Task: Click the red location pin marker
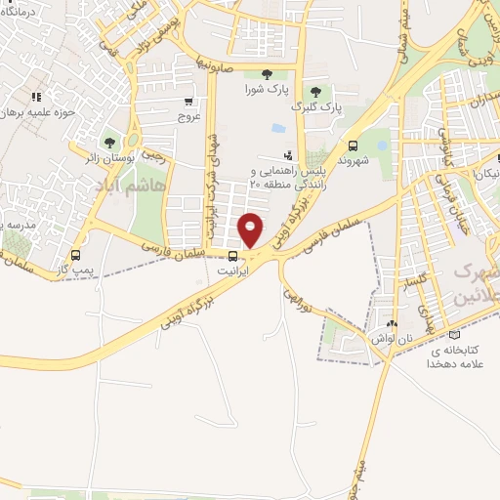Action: (x=251, y=229)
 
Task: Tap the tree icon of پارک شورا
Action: (x=267, y=74)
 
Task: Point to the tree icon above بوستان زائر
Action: (x=107, y=143)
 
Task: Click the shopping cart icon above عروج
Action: (x=187, y=101)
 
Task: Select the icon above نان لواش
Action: (x=393, y=323)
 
